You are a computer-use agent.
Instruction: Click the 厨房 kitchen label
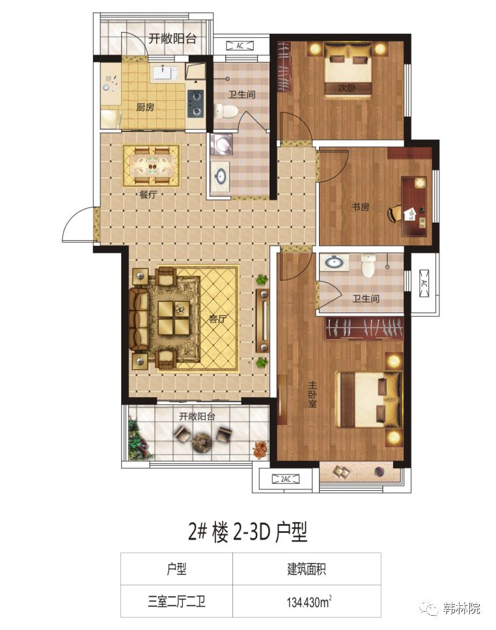(145, 107)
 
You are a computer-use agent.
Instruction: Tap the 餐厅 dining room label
(148, 195)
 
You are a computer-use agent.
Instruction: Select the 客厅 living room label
(217, 319)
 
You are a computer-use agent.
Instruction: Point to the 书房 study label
(360, 208)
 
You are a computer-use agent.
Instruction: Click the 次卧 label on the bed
(348, 88)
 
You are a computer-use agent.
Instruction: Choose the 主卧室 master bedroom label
(312, 394)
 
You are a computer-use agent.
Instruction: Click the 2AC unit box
(285, 479)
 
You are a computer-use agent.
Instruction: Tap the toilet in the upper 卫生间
(226, 111)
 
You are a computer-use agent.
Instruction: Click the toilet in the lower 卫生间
(368, 266)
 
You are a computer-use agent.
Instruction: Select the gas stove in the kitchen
(196, 103)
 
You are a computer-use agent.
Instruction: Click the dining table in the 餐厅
(152, 165)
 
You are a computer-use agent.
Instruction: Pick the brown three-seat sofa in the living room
(138, 319)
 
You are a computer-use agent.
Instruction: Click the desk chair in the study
(395, 213)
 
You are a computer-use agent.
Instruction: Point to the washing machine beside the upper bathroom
(221, 144)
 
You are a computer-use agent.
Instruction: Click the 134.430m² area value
(309, 601)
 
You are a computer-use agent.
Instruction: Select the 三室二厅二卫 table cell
(176, 601)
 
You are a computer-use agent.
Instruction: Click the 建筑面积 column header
(307, 569)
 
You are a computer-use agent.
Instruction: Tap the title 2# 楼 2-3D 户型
(247, 532)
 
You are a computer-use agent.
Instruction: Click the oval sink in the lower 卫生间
(333, 262)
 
